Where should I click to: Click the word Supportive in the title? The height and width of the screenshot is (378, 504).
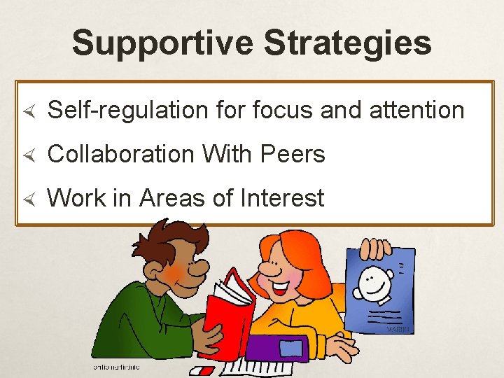coord(162,43)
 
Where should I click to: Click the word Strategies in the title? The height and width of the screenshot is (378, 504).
coord(347,43)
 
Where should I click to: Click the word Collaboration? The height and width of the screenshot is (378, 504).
coord(120,154)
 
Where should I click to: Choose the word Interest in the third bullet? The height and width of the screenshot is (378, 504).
coord(281,198)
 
